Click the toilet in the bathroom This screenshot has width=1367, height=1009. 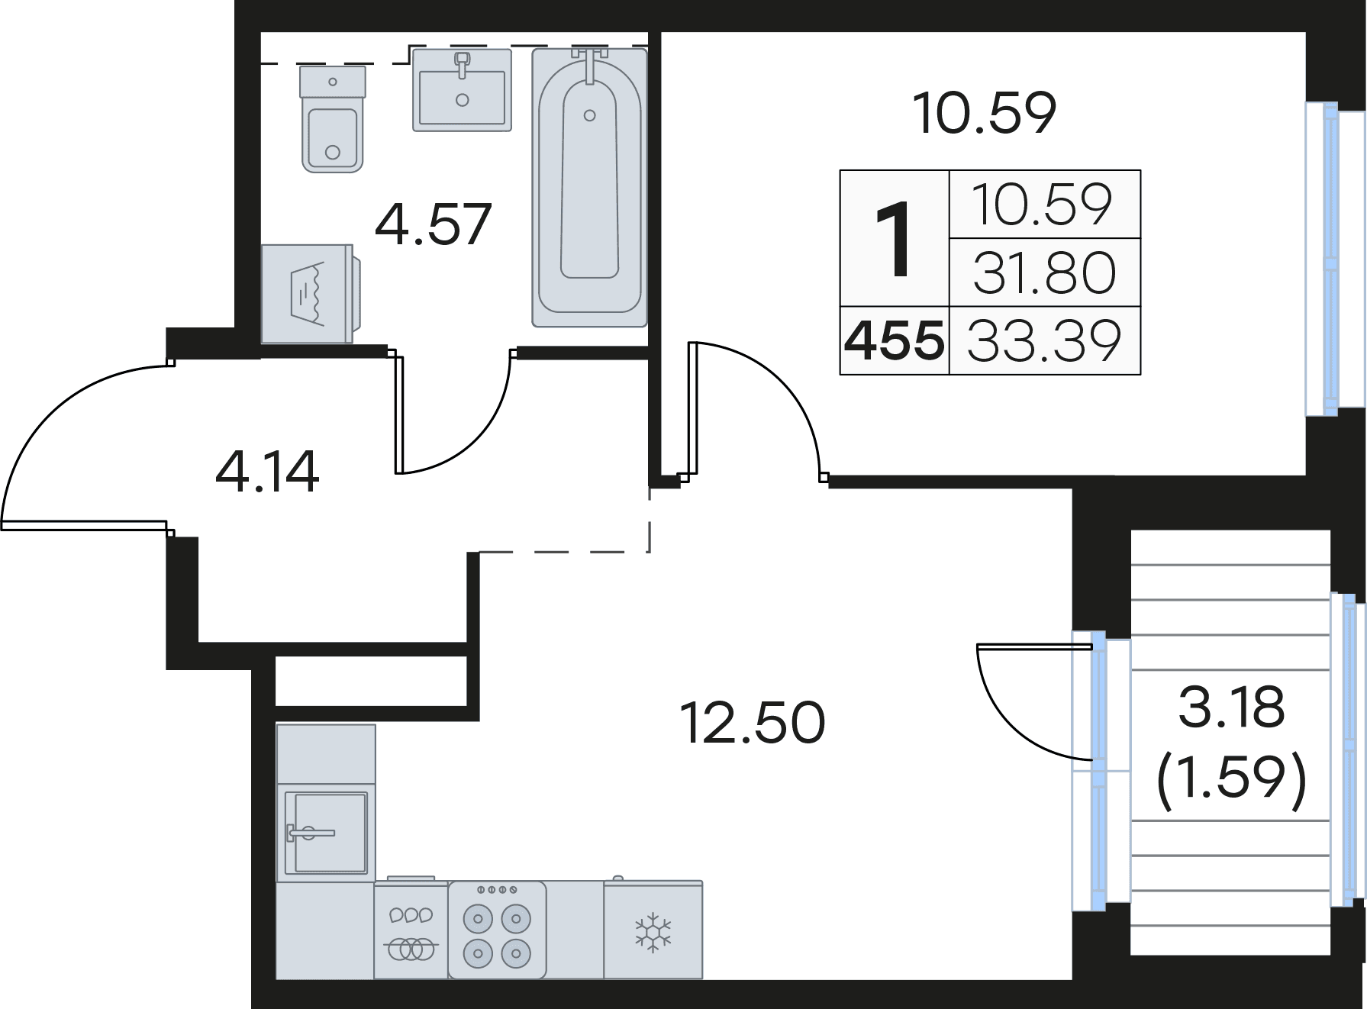tap(332, 118)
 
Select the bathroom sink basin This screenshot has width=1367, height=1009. tap(462, 89)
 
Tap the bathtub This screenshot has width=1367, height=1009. tap(589, 188)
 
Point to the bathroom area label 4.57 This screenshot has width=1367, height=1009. tap(433, 224)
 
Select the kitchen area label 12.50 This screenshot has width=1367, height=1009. tap(752, 723)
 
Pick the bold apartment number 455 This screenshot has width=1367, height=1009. tap(894, 340)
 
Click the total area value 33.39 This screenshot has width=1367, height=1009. tap(1044, 341)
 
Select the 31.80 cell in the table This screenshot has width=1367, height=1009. tap(1044, 273)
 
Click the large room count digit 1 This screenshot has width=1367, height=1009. tap(894, 238)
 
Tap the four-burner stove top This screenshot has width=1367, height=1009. tap(497, 930)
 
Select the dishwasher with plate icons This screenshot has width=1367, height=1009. tap(411, 929)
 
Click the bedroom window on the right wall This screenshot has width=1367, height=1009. tap(1330, 260)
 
